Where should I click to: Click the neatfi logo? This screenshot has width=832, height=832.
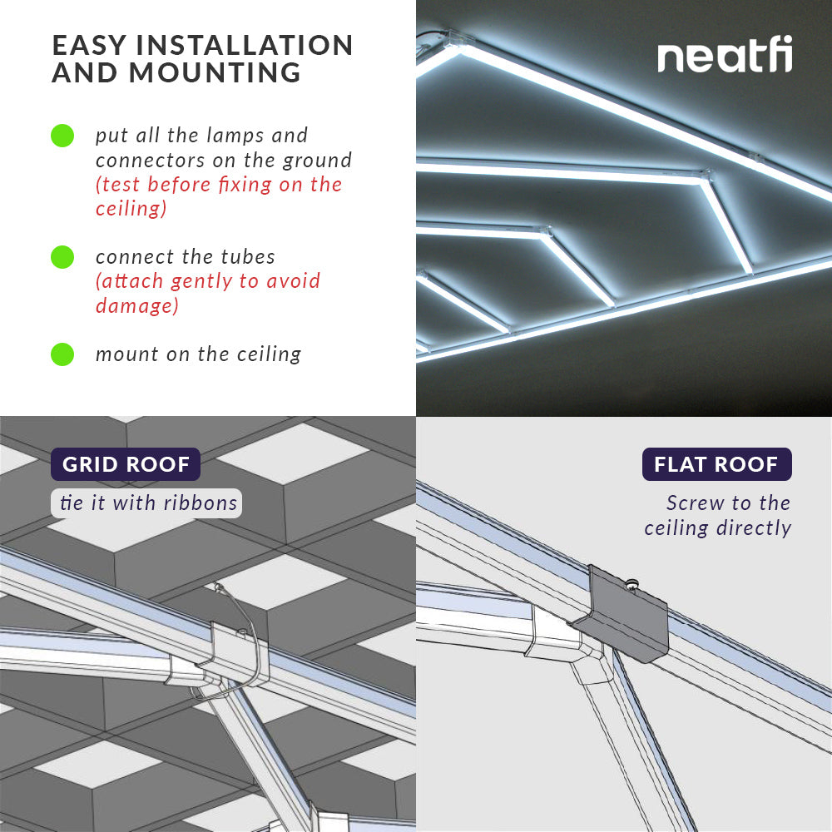click(725, 57)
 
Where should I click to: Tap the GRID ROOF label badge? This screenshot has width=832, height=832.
click(126, 464)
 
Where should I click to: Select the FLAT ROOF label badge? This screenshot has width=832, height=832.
click(716, 464)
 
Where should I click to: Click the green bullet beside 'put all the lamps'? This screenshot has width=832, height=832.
click(62, 136)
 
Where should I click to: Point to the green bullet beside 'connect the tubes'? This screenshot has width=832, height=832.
click(62, 257)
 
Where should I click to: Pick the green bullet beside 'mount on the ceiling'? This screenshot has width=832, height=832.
click(62, 354)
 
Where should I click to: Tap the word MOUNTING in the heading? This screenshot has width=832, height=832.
click(215, 73)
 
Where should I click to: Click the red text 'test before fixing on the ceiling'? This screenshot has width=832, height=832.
click(218, 196)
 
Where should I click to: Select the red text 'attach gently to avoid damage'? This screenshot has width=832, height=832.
click(207, 292)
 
